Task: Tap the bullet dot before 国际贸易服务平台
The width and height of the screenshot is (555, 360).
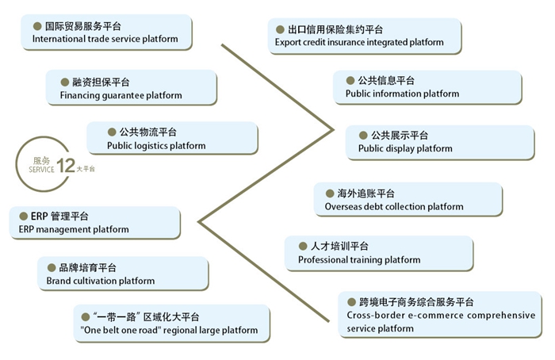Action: point(36,25)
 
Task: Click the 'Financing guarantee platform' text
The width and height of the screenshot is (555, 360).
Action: point(121,95)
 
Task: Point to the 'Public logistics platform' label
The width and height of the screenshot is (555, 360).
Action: point(156,146)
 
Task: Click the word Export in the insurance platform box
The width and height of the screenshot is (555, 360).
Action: point(289,43)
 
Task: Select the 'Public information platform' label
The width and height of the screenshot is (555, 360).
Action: point(402,94)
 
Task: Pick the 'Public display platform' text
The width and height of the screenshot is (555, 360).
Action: point(405,148)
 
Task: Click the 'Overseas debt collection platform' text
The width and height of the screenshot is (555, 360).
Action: point(394,207)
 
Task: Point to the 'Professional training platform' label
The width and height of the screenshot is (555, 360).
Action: point(359,260)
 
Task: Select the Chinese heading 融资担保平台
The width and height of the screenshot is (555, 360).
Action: point(100,82)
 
